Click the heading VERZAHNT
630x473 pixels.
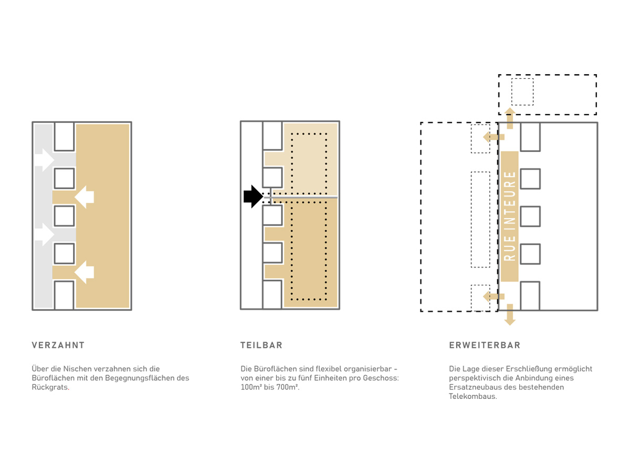coord(58,345)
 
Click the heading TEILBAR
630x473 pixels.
coord(261,345)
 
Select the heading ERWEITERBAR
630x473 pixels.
coord(485,345)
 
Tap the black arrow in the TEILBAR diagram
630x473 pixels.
coord(253,197)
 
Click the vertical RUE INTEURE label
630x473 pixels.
coord(509,216)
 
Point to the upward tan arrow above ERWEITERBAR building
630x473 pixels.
coord(510,118)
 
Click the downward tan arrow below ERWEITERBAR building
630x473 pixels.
coord(510,315)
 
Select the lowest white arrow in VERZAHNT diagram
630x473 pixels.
coord(85,272)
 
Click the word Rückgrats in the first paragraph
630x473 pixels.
coord(50,387)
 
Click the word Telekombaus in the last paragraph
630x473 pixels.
coord(472,396)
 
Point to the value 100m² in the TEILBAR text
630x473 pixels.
coord(251,387)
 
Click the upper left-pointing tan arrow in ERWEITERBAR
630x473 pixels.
coord(493,137)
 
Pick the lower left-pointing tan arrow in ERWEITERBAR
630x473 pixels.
coord(493,296)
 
